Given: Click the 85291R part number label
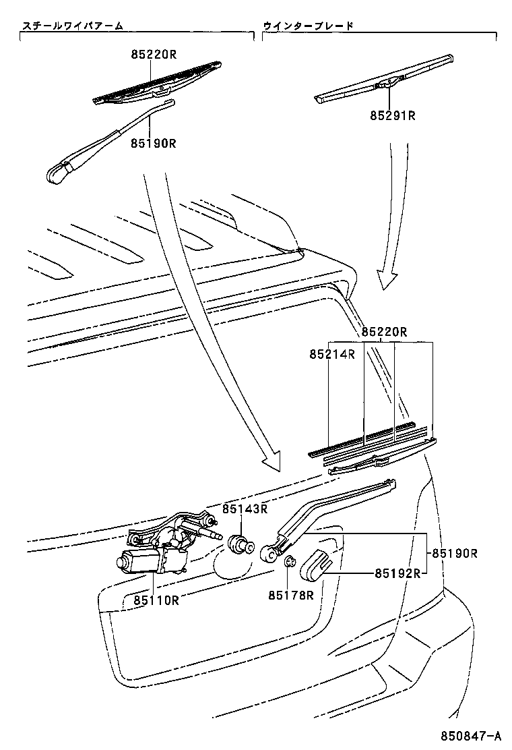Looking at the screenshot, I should pyautogui.click(x=392, y=115).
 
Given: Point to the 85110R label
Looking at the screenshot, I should pyautogui.click(x=156, y=600).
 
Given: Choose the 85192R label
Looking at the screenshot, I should pyautogui.click(x=397, y=574).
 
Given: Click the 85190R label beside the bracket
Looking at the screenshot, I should pyautogui.click(x=454, y=553).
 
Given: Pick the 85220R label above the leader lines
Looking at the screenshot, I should pyautogui.click(x=385, y=332).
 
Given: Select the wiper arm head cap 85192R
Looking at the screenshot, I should pyautogui.click(x=314, y=564).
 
